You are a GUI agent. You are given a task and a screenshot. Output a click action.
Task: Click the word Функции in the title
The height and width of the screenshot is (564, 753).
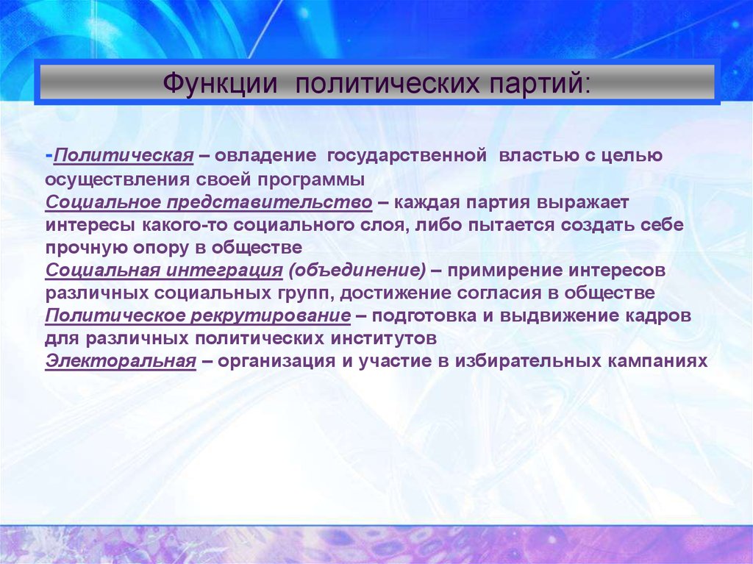coord(221,83)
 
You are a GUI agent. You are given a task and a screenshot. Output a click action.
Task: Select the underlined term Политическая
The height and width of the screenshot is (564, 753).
coord(124,156)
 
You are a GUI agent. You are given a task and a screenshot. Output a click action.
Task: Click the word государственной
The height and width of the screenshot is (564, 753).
coord(407,157)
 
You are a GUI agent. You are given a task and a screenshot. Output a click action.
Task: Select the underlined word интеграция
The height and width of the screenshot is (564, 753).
coord(224,271)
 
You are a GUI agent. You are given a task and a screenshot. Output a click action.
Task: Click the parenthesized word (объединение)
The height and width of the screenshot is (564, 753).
coord(357,271)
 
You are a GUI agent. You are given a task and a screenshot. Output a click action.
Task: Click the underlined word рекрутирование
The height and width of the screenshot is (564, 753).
coord(271,316)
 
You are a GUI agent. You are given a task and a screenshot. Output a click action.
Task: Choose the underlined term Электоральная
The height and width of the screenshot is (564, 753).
coord(121,361)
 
